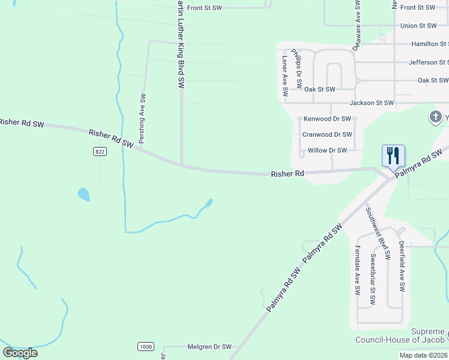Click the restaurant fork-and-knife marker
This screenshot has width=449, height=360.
393,156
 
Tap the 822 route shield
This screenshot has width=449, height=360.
100,152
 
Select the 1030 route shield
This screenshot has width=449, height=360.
145,346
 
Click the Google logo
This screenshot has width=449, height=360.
20,352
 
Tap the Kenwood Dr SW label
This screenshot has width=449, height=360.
327,119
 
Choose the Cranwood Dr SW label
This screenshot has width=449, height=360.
327,134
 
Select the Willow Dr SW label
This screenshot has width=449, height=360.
327,151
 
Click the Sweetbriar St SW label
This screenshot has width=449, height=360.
373,280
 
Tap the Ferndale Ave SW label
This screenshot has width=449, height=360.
358,271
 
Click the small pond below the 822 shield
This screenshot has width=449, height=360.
83,194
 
